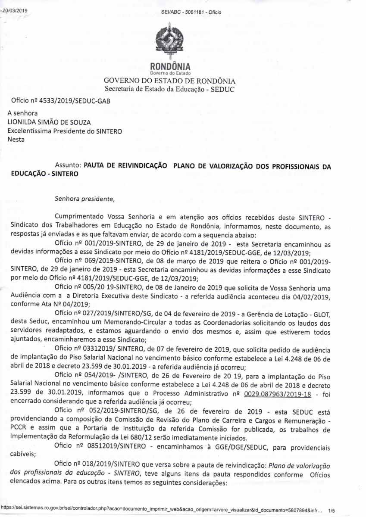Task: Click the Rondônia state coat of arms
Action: tap(169, 43)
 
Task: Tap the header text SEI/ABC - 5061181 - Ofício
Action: tap(191, 12)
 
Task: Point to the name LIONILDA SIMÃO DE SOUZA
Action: tap(50, 122)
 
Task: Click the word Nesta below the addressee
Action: tap(16, 139)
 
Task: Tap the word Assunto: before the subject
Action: tap(68, 165)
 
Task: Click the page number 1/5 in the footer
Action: tap(331, 510)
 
